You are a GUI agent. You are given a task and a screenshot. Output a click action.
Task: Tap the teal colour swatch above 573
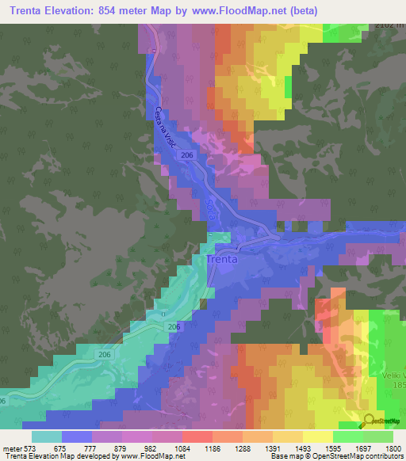(47, 436)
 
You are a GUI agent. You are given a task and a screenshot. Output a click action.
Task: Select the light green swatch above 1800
(378, 436)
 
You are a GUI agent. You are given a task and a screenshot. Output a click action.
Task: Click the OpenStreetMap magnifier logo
(369, 421)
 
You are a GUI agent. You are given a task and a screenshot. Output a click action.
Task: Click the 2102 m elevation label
(389, 27)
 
